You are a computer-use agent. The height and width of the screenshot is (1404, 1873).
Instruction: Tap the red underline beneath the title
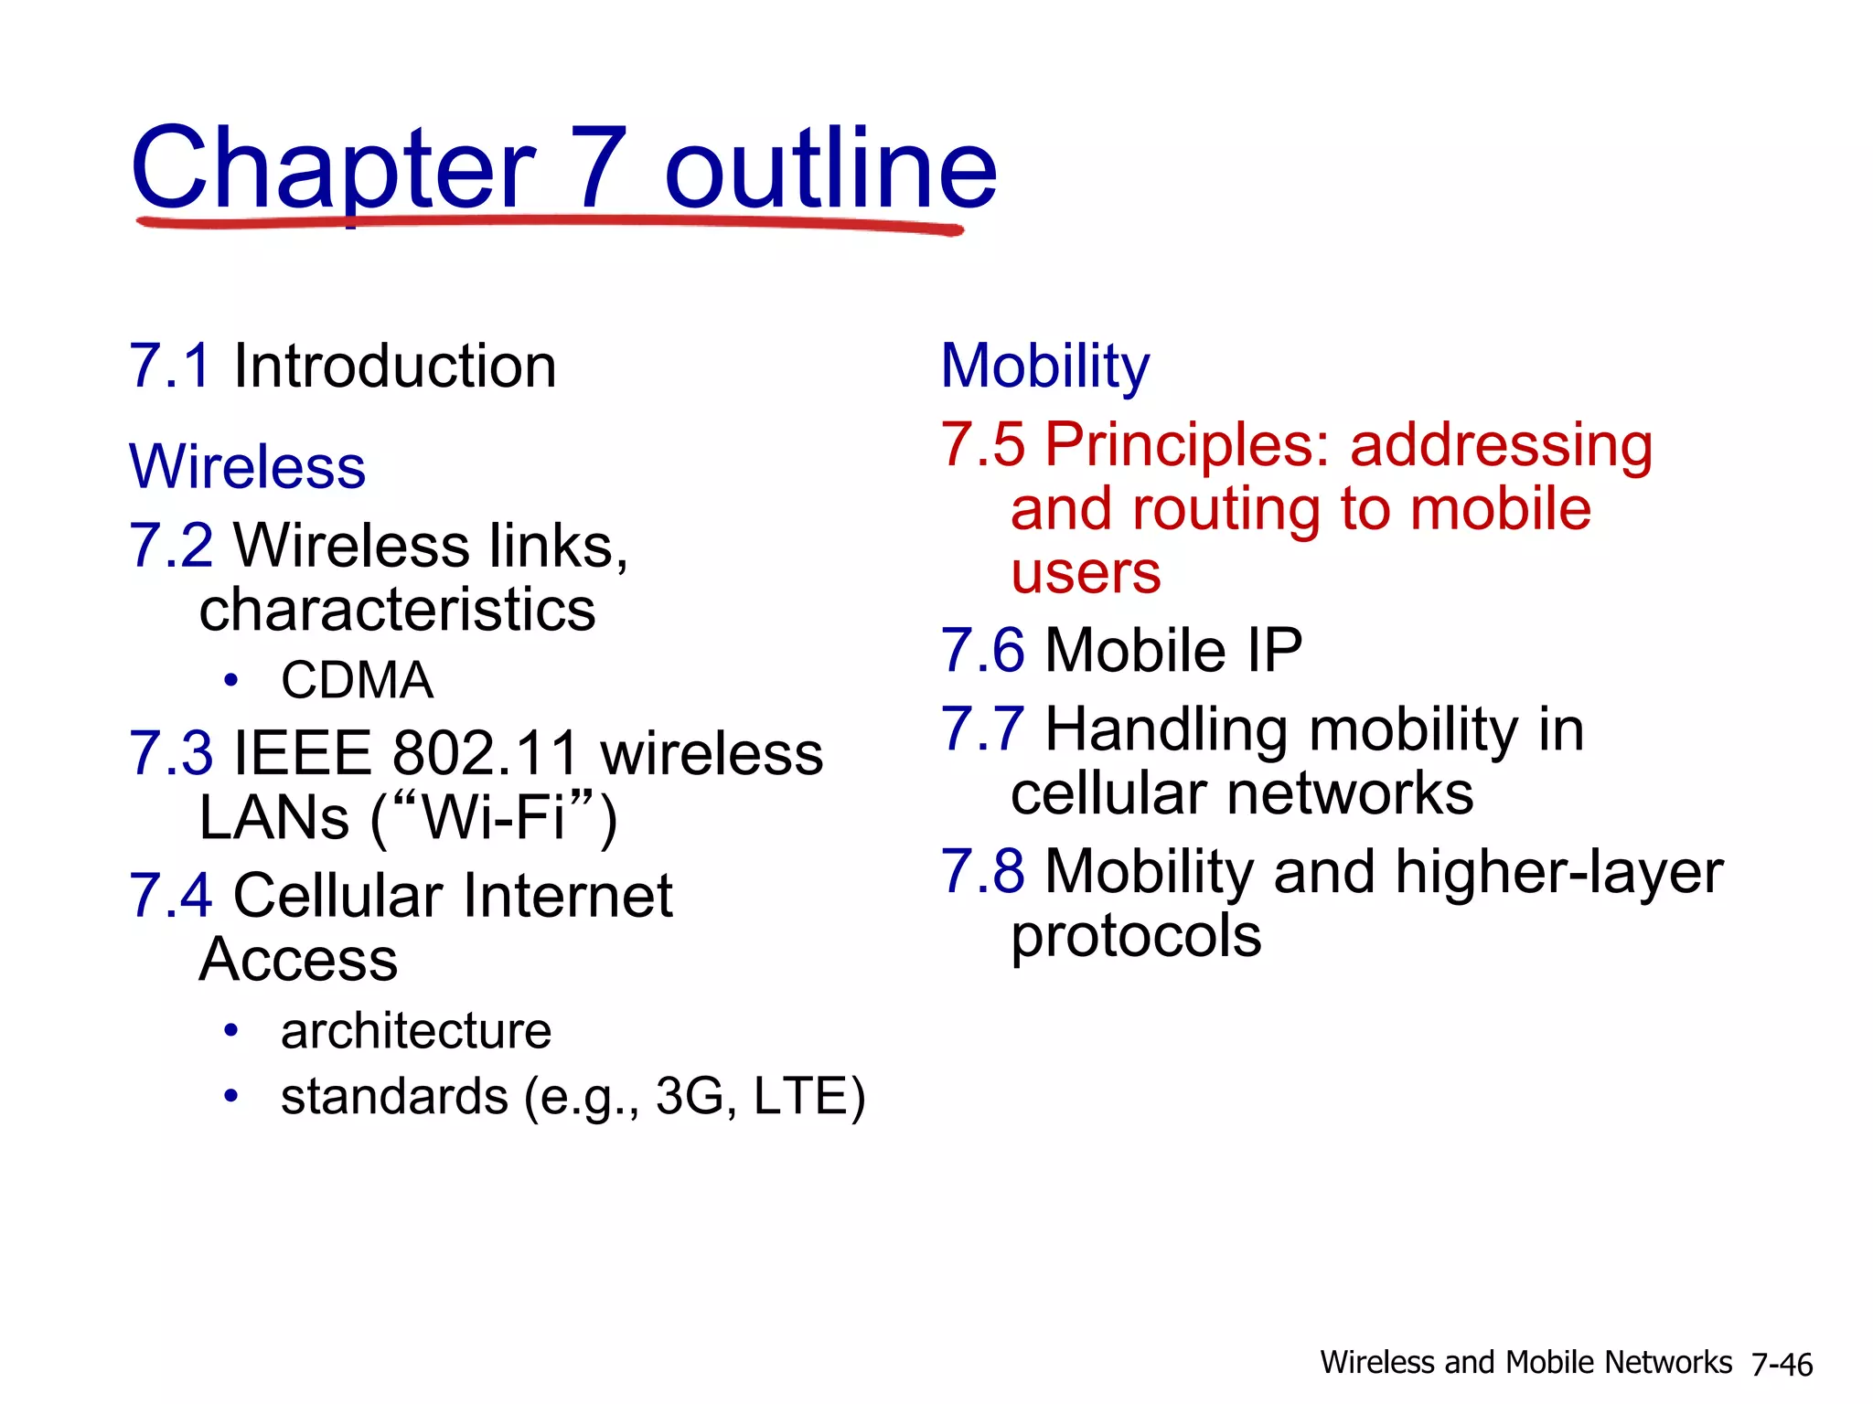pyautogui.click(x=549, y=222)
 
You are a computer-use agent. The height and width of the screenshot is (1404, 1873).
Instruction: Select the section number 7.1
pyautogui.click(x=171, y=367)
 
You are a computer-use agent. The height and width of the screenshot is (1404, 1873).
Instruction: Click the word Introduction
pyautogui.click(x=394, y=367)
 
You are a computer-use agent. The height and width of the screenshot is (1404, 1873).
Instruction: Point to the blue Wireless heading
pyautogui.click(x=247, y=467)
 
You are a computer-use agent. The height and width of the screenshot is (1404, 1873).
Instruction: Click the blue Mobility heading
pyautogui.click(x=1044, y=367)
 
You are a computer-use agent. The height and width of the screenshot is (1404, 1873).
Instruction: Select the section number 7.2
pyautogui.click(x=171, y=546)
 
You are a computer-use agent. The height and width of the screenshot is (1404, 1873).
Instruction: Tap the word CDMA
pyautogui.click(x=357, y=680)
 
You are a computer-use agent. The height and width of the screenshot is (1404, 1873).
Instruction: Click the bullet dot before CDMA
pyautogui.click(x=231, y=680)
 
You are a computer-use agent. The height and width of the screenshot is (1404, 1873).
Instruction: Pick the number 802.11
pyautogui.click(x=486, y=754)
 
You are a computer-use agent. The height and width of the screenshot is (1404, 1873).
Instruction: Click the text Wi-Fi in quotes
pyautogui.click(x=494, y=817)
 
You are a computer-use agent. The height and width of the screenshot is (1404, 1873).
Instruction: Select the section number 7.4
pyautogui.click(x=171, y=896)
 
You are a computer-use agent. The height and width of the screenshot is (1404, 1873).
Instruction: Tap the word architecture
pyautogui.click(x=416, y=1031)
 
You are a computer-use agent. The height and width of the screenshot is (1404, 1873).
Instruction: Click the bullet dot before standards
pyautogui.click(x=231, y=1095)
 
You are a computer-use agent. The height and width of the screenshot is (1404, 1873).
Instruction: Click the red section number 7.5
pyautogui.click(x=983, y=445)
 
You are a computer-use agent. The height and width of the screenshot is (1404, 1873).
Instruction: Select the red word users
pyautogui.click(x=1086, y=573)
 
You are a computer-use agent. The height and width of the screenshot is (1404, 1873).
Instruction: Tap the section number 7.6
pyautogui.click(x=983, y=651)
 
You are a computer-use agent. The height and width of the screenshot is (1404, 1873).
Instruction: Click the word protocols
pyautogui.click(x=1136, y=936)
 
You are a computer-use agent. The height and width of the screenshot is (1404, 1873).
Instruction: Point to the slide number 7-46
pyautogui.click(x=1782, y=1365)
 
